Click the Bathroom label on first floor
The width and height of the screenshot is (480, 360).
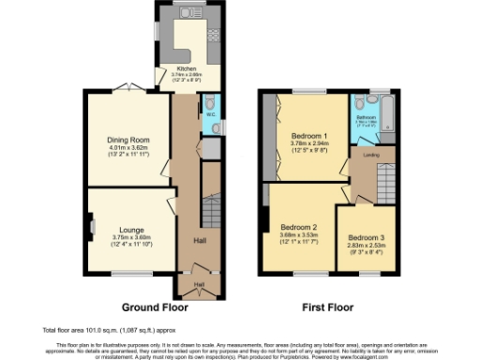click(366, 117)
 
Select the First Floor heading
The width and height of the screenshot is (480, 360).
click(327, 307)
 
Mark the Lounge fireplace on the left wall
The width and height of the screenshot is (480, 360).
click(90, 225)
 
